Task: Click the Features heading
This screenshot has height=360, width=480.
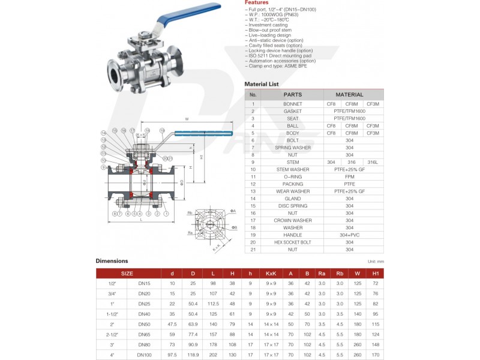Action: click(x=257, y=3)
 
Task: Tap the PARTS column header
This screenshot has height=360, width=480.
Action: click(x=292, y=95)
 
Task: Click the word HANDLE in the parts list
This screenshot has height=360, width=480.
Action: click(x=292, y=235)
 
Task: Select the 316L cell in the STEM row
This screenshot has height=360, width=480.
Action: click(x=373, y=162)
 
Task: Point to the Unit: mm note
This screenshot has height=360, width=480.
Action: click(x=375, y=262)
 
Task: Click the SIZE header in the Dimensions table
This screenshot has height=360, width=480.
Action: click(x=127, y=273)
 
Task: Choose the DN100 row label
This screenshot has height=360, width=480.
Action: click(x=145, y=355)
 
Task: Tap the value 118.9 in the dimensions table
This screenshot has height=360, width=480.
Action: click(x=193, y=355)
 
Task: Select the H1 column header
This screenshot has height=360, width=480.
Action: click(x=375, y=273)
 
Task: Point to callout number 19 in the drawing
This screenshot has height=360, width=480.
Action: click(x=162, y=130)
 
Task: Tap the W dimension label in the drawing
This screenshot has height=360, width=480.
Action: click(x=187, y=119)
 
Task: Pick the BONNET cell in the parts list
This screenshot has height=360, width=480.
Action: click(x=292, y=104)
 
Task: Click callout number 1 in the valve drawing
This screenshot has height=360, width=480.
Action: click(x=166, y=214)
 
